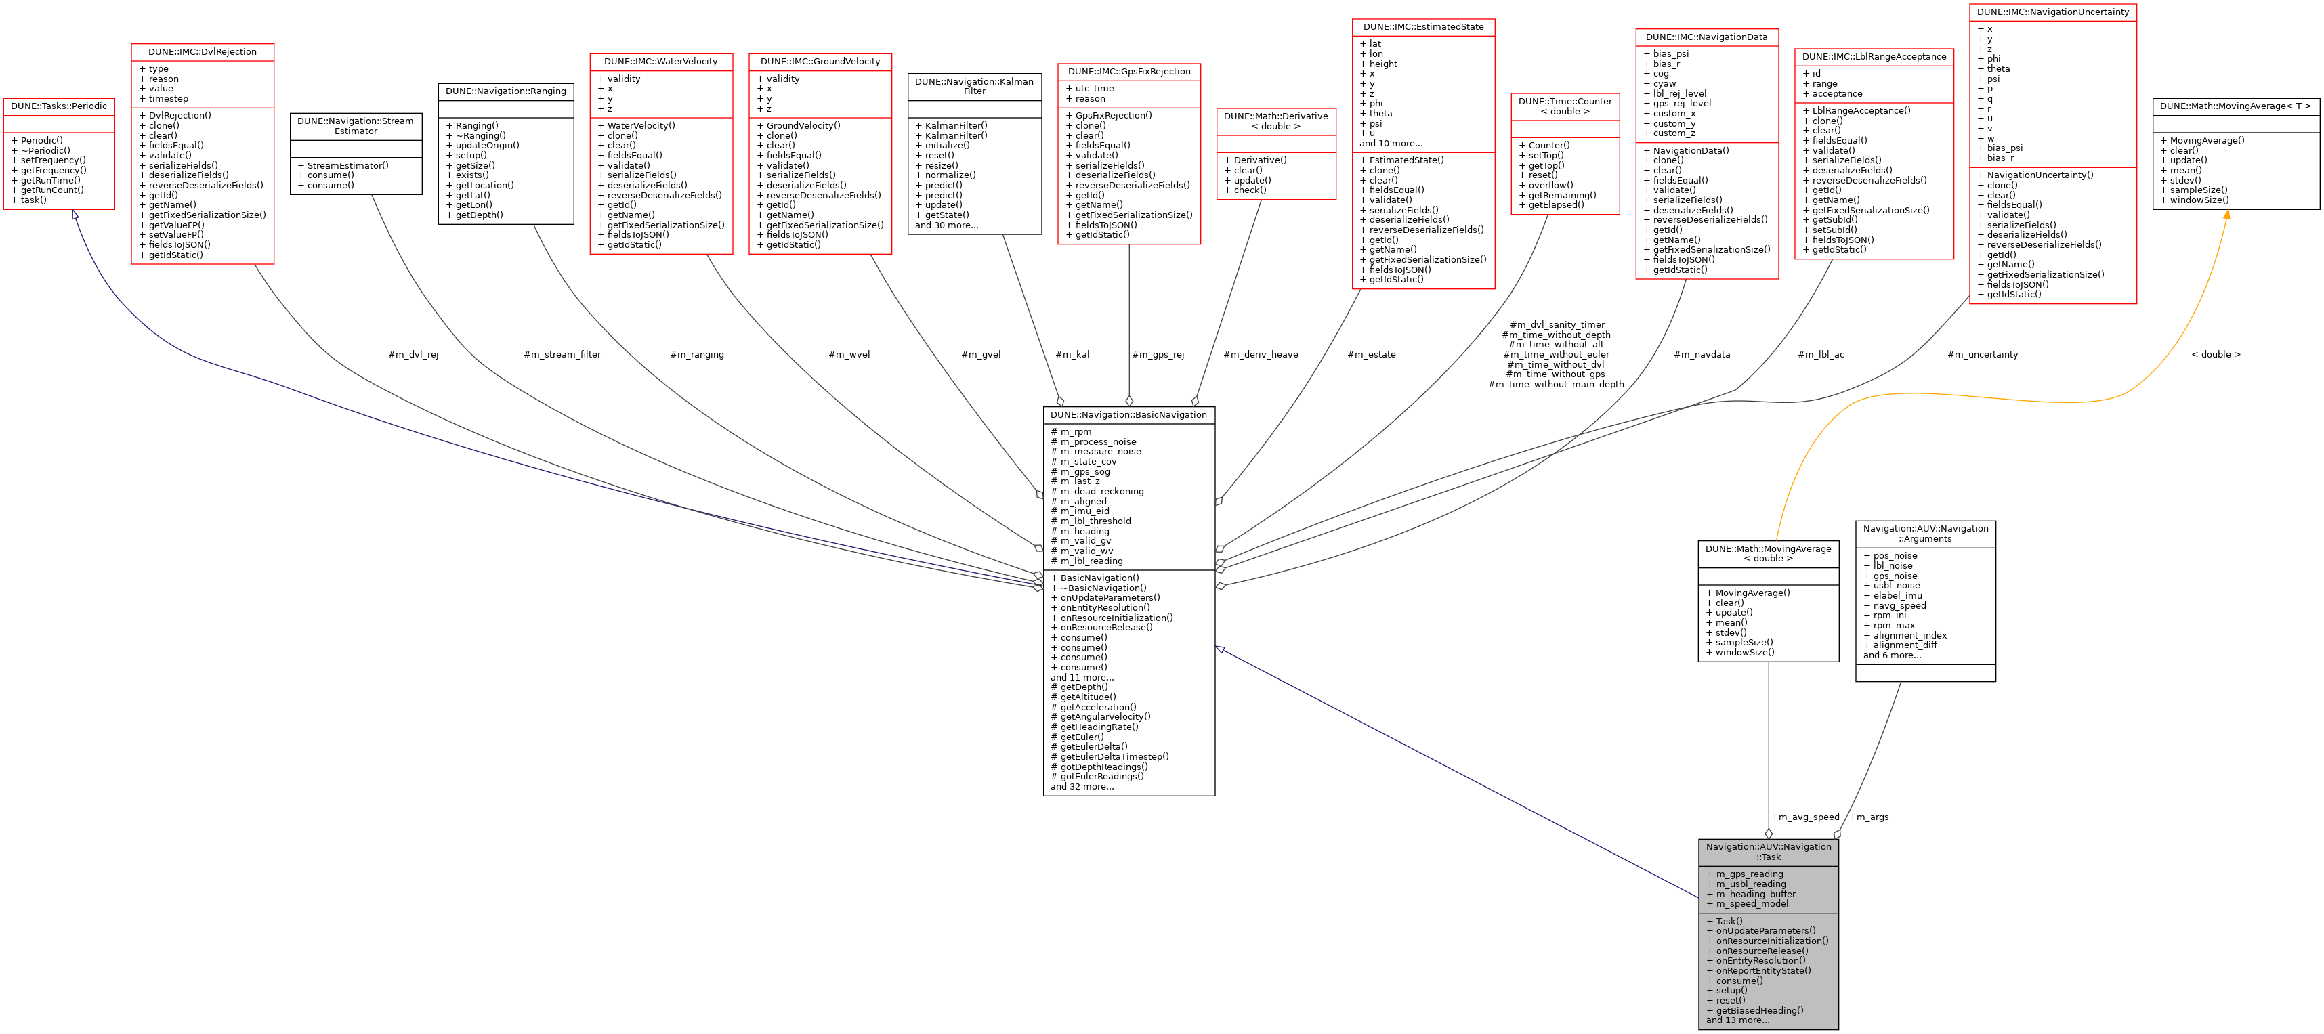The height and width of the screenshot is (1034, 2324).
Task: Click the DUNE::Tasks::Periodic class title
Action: pyautogui.click(x=59, y=106)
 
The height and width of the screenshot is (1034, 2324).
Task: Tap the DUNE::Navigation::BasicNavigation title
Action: pyautogui.click(x=1128, y=415)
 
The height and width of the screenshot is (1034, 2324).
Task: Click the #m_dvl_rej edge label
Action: pyautogui.click(x=413, y=355)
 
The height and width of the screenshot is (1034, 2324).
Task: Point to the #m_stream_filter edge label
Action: pyautogui.click(x=562, y=355)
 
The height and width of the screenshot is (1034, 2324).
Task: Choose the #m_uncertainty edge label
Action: pyautogui.click(x=1982, y=355)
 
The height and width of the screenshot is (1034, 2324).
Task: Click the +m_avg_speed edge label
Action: pyautogui.click(x=1804, y=817)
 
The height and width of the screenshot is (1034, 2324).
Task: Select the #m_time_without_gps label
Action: pyautogui.click(x=1555, y=374)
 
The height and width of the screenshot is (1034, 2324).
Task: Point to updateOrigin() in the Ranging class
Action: pyautogui.click(x=487, y=146)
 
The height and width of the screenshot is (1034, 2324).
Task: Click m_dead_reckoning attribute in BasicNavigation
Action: pyautogui.click(x=1101, y=492)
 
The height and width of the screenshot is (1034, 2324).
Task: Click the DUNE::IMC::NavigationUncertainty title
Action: pyautogui.click(x=2052, y=13)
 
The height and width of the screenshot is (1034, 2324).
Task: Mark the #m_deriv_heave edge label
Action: pyautogui.click(x=1261, y=355)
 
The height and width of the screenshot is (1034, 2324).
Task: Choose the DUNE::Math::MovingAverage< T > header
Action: pyautogui.click(x=2235, y=106)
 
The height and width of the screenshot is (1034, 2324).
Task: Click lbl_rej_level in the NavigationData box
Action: pyautogui.click(x=1679, y=94)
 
